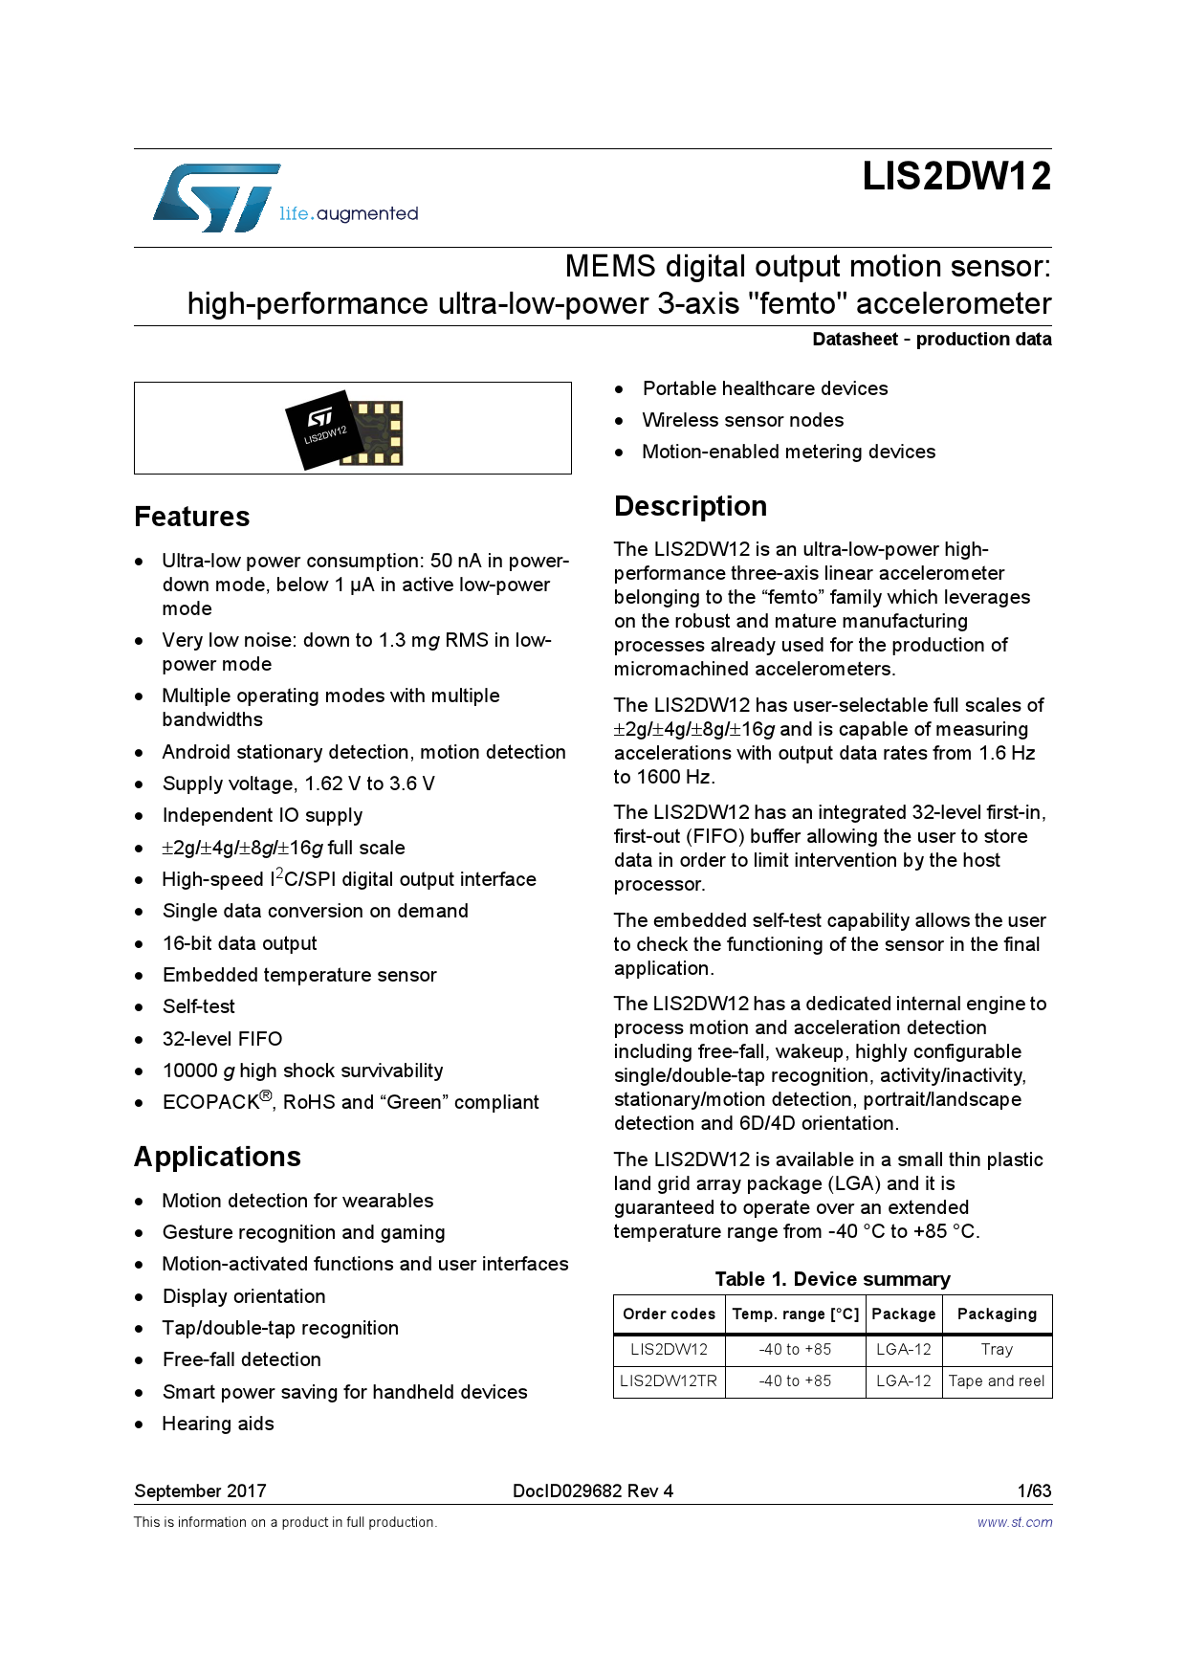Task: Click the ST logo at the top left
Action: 218,198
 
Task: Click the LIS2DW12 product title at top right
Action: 955,177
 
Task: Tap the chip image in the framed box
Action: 345,429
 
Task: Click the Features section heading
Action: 192,517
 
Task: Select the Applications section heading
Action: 217,1157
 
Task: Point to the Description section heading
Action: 690,506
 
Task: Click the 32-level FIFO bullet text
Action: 222,1039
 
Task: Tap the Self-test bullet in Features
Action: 198,1006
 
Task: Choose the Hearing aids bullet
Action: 218,1424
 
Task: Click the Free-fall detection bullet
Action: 241,1359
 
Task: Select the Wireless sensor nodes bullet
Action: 742,420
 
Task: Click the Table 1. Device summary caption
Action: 832,1279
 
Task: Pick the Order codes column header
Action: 669,1314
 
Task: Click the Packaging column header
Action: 997,1314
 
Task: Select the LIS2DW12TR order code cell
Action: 669,1381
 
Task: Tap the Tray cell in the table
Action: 997,1350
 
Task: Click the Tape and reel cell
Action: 997,1381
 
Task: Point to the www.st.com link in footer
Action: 1015,1522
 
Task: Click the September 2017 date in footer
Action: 200,1490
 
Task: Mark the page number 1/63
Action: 1034,1490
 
